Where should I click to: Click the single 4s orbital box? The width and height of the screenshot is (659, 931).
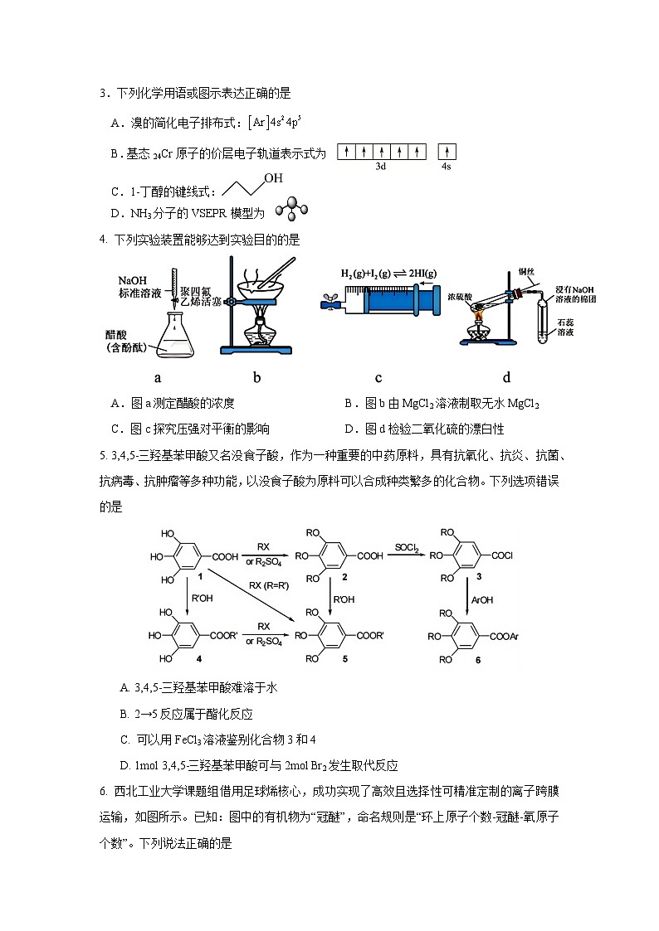click(447, 153)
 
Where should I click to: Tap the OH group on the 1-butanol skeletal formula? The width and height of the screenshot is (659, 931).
click(273, 178)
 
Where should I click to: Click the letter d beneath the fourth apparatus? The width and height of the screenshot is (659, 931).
click(506, 378)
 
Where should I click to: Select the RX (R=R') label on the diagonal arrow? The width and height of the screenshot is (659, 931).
click(269, 586)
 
